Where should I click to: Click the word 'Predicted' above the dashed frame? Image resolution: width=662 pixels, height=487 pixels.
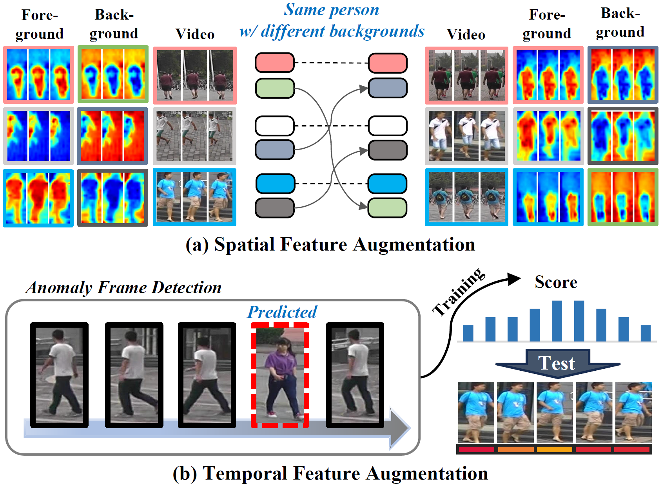point(282,312)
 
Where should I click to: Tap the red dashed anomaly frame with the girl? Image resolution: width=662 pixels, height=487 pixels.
point(280,375)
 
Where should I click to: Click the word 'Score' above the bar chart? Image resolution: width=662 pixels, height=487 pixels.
point(556,282)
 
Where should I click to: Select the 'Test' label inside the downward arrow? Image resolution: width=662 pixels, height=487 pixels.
point(557,363)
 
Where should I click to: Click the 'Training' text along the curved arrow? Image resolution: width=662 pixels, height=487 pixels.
point(459,292)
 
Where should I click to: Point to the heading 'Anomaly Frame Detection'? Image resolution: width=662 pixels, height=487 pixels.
point(124,287)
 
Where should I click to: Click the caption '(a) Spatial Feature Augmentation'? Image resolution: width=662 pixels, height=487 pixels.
point(330,245)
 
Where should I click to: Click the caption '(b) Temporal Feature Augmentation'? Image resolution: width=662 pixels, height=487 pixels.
point(330,473)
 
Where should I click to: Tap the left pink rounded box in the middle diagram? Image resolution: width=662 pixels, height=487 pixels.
point(274,63)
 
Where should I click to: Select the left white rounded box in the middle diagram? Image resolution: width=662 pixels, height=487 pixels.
point(274,126)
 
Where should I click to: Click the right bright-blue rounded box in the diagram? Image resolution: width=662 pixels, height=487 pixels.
point(388,184)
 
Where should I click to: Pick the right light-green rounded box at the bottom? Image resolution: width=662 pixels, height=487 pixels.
point(388,208)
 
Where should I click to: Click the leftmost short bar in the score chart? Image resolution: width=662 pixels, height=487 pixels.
point(468,333)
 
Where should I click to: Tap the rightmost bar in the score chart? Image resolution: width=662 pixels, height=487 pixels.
point(646,333)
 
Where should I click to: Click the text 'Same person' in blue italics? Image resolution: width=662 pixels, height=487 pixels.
point(332,10)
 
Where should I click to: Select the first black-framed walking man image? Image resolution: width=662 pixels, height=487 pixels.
point(59,375)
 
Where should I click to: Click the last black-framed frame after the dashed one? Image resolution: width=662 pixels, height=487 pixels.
point(355,375)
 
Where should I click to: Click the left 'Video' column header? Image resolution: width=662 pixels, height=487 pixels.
point(195,34)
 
